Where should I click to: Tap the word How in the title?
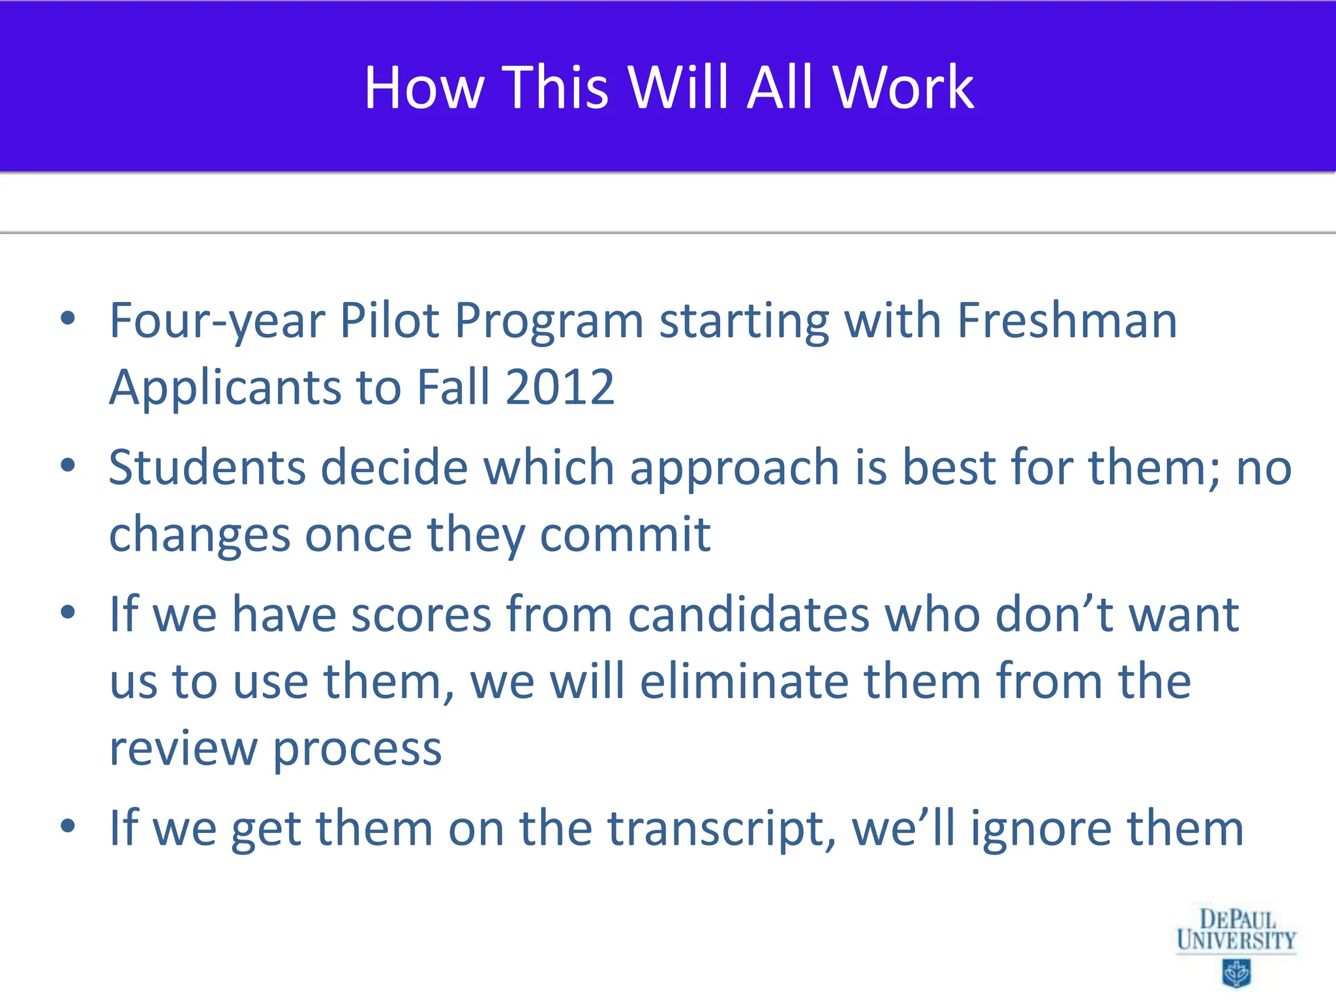pos(424,87)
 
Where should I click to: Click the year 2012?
pos(560,387)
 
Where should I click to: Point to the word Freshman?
pos(1067,321)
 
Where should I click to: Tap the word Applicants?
pos(224,387)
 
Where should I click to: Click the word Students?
pos(207,468)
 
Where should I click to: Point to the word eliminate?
pos(744,681)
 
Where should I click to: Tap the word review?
pos(183,748)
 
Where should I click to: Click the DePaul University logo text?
pos(1236,930)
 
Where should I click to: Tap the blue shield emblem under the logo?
pos(1236,973)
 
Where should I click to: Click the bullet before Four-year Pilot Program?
pos(68,319)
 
